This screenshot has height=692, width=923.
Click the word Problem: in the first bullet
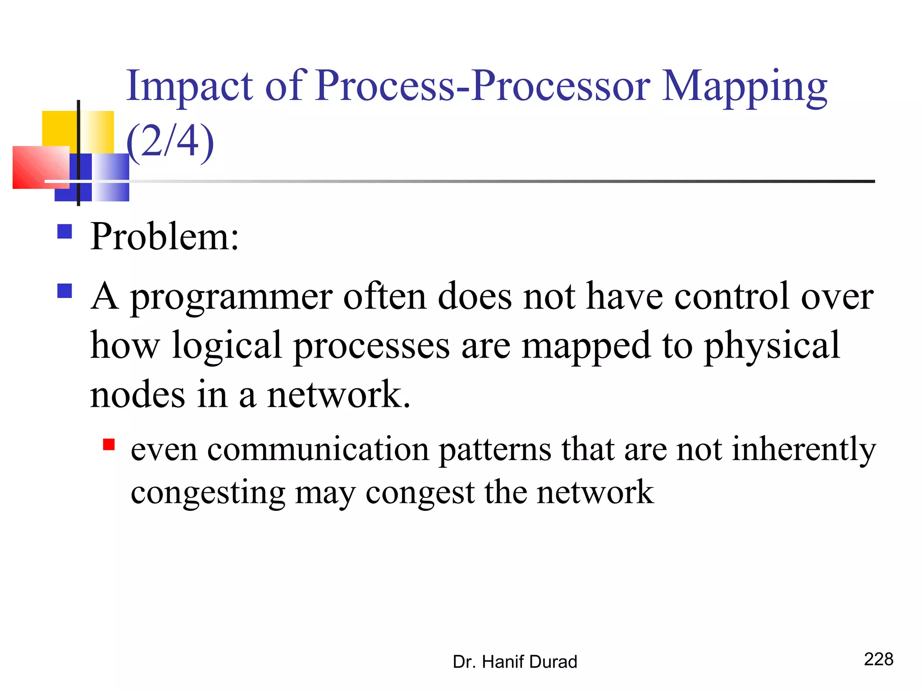tap(164, 236)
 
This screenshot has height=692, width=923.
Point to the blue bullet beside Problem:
tap(65, 232)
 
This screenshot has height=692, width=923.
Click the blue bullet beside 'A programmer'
tap(65, 291)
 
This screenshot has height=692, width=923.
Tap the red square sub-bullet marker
tap(109, 445)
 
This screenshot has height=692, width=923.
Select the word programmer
tap(232, 297)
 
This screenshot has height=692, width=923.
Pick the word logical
tap(227, 346)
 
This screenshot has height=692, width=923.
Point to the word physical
tap(772, 346)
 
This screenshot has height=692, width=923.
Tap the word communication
tap(318, 449)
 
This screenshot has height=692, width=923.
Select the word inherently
tap(804, 449)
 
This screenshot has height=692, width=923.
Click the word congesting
tap(208, 493)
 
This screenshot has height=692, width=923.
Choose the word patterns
tap(495, 449)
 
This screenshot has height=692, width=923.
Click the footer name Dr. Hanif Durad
tap(515, 662)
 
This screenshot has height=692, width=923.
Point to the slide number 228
tap(878, 659)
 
